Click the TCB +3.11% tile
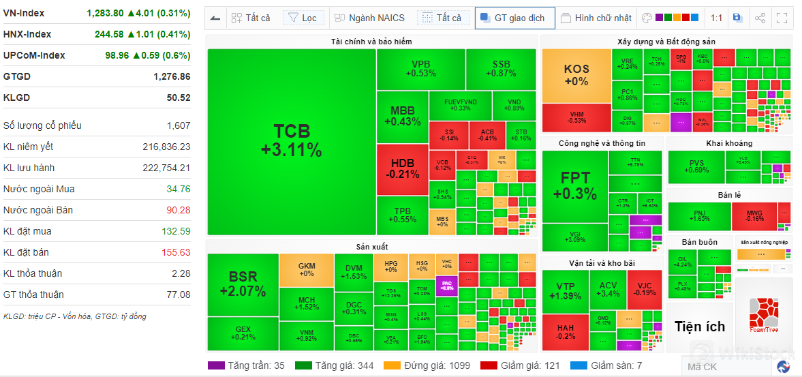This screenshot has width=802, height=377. (291, 141)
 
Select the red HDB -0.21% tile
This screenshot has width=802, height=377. (402, 168)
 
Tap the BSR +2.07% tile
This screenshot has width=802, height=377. (243, 284)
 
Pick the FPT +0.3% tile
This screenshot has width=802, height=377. (574, 185)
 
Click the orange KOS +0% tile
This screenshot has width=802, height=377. (576, 75)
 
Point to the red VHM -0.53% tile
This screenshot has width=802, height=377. (576, 117)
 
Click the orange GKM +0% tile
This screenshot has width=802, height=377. (306, 269)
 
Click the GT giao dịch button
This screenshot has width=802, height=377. (514, 18)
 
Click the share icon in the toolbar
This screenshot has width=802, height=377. (760, 18)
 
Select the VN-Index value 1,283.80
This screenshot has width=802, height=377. (105, 13)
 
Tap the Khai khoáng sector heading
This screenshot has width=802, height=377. (729, 143)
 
